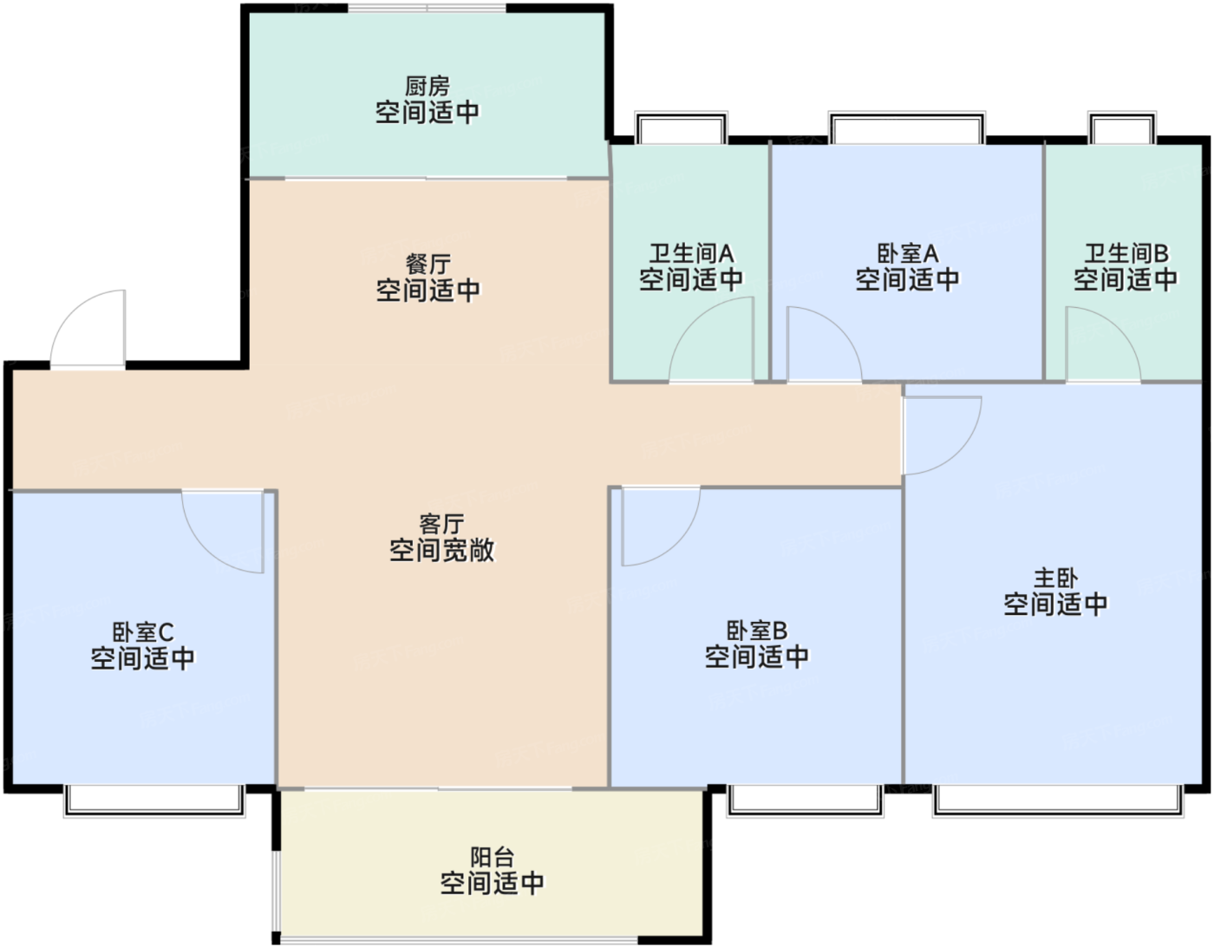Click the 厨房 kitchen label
click(x=428, y=87)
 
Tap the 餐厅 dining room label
click(x=428, y=264)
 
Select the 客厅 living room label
click(x=441, y=524)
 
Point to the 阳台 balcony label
click(x=492, y=857)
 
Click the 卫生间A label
click(x=691, y=253)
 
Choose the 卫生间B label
click(x=1126, y=253)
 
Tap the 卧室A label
click(x=907, y=253)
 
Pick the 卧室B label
click(x=756, y=631)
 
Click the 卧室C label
click(x=143, y=631)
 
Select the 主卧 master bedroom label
click(x=1055, y=578)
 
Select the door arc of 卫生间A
click(x=711, y=339)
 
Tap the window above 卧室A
click(x=907, y=128)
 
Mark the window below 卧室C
click(x=154, y=800)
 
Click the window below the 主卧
click(x=1058, y=800)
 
